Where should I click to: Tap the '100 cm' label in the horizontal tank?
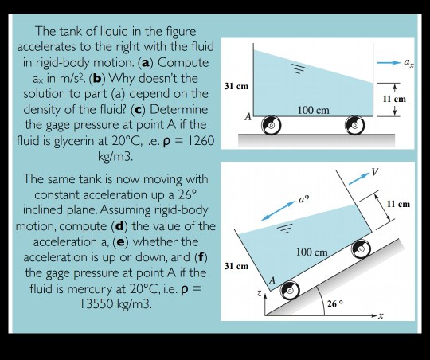click(x=313, y=108)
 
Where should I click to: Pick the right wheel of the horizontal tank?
click(x=355, y=125)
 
